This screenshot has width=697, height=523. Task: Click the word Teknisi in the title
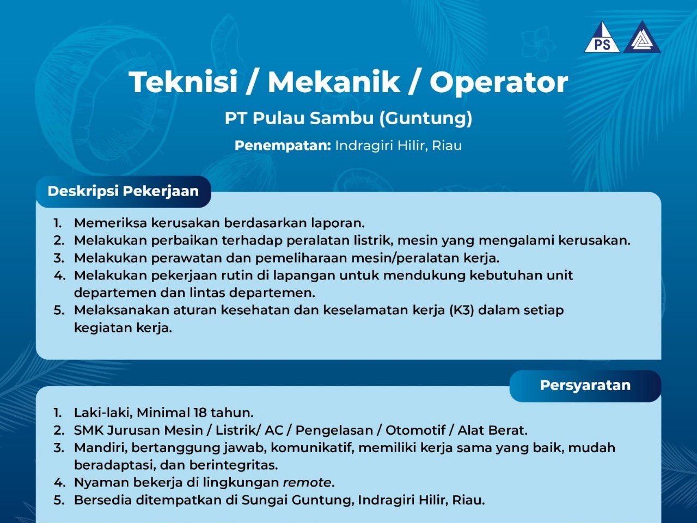[183, 82]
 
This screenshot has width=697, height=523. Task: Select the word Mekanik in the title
[334, 82]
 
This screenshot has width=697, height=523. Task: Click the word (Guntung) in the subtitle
[426, 118]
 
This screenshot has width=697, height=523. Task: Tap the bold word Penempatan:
[283, 146]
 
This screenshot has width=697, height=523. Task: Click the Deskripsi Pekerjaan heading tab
[123, 191]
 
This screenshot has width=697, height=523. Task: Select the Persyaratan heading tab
[585, 386]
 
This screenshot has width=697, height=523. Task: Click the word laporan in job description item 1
[338, 223]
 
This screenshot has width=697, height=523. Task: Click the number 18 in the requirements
[200, 413]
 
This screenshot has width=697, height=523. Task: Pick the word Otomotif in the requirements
[415, 430]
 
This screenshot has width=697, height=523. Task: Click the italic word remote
[307, 483]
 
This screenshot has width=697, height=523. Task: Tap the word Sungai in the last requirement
[265, 501]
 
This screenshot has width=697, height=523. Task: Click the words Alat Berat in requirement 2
[492, 430]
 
